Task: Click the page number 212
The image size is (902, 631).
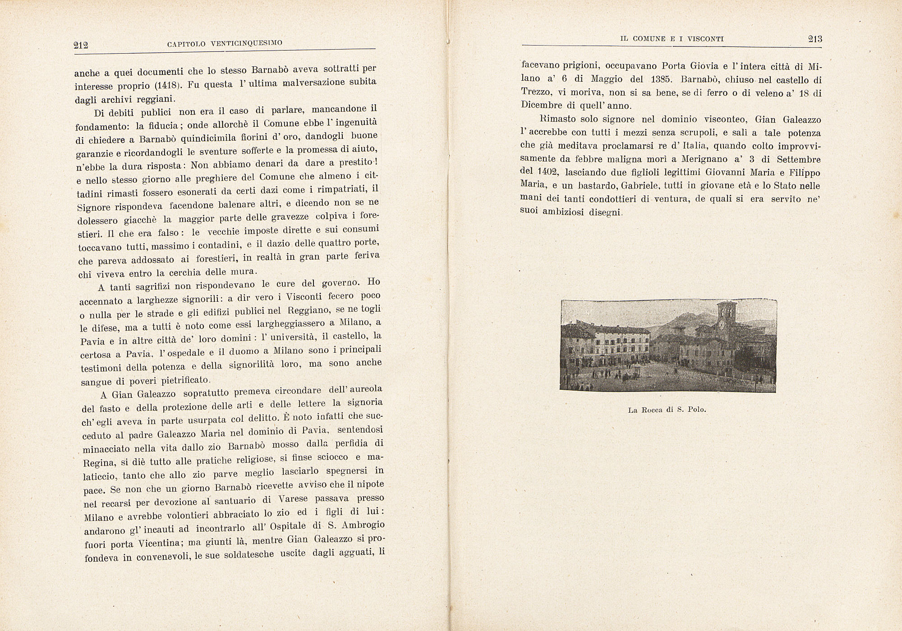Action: point(81,45)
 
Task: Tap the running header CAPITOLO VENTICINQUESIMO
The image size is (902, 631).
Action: point(225,43)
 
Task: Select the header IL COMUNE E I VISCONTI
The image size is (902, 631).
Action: point(672,39)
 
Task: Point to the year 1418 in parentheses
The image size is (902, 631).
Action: point(167,85)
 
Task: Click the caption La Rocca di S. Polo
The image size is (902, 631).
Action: point(667,410)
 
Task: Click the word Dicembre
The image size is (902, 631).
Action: point(542,105)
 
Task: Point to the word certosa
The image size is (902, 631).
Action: point(98,355)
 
